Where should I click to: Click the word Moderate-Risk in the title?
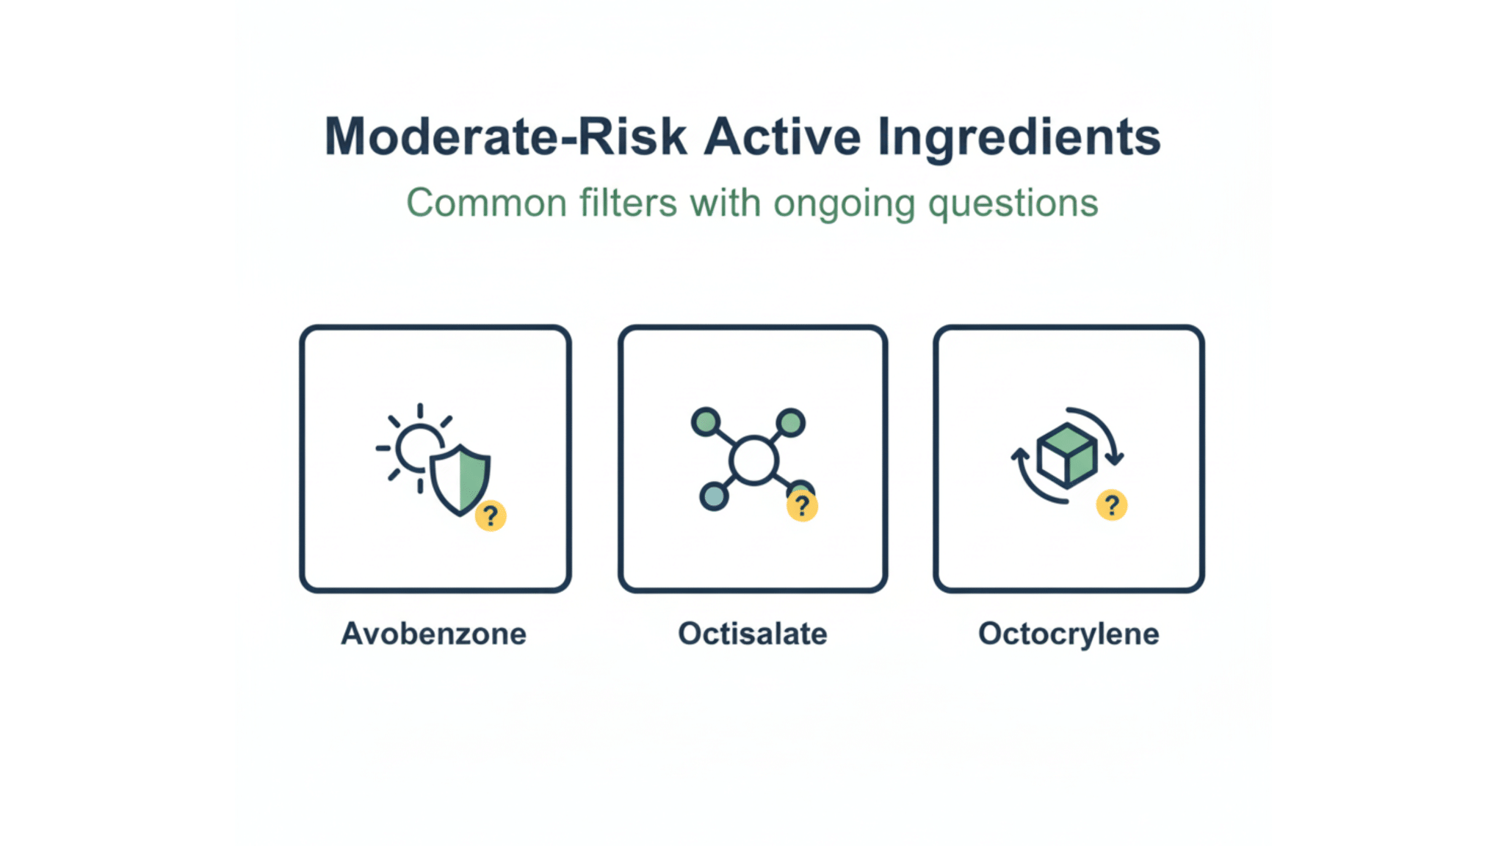click(x=505, y=137)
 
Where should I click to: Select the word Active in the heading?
click(x=782, y=137)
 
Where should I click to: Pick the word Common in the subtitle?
click(x=486, y=203)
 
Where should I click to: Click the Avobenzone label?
click(x=434, y=634)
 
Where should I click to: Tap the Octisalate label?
click(x=752, y=634)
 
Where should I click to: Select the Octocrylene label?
click(x=1069, y=634)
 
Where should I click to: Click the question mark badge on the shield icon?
click(x=491, y=516)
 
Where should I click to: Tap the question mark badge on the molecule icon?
click(x=802, y=506)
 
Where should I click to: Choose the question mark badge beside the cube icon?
click(x=1112, y=505)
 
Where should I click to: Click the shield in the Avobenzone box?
click(x=460, y=478)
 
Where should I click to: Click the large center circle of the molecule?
click(x=753, y=460)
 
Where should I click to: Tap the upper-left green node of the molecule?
click(x=706, y=422)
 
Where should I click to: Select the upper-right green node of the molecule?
click(x=790, y=422)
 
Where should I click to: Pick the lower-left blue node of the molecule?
click(x=714, y=496)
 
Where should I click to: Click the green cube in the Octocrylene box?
click(x=1067, y=455)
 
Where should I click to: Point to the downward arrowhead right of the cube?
click(x=1114, y=459)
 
